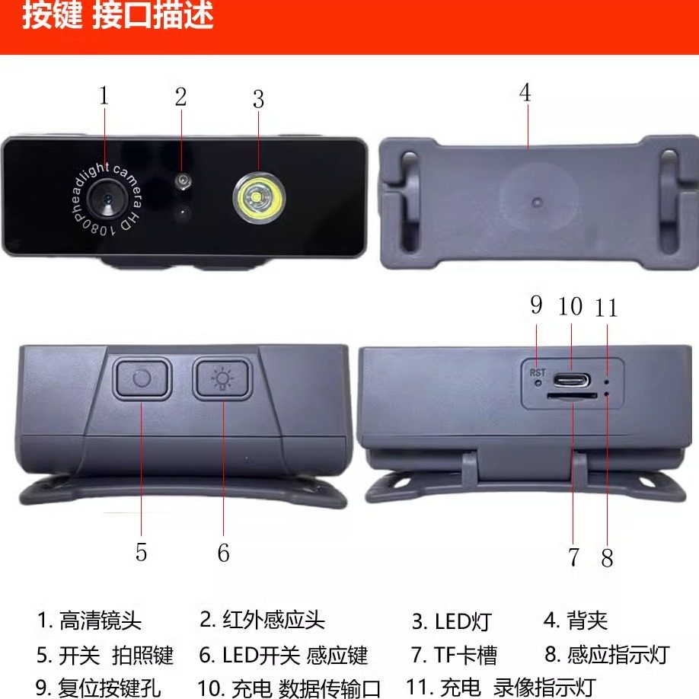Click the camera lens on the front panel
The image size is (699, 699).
(x=106, y=199)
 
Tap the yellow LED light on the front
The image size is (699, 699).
(x=259, y=197)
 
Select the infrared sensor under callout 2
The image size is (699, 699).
(x=183, y=180)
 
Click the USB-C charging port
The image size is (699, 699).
(x=571, y=380)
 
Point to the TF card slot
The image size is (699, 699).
(x=572, y=396)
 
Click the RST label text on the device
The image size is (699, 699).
(x=537, y=372)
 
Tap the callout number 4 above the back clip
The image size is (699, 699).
(x=525, y=93)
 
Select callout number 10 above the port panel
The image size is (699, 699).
(x=570, y=307)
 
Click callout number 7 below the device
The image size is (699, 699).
(x=573, y=557)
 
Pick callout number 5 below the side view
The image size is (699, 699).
(x=141, y=552)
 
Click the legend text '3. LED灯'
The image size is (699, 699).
(x=451, y=621)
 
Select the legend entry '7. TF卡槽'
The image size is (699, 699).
(x=454, y=656)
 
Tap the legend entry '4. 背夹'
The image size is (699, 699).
(x=575, y=620)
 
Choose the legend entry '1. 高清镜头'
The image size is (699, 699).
(x=89, y=621)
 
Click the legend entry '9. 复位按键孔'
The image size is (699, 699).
(x=97, y=688)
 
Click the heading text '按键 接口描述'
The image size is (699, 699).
(x=118, y=14)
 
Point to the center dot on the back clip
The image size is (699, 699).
(x=538, y=203)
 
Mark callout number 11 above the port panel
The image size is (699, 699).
(x=606, y=308)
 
